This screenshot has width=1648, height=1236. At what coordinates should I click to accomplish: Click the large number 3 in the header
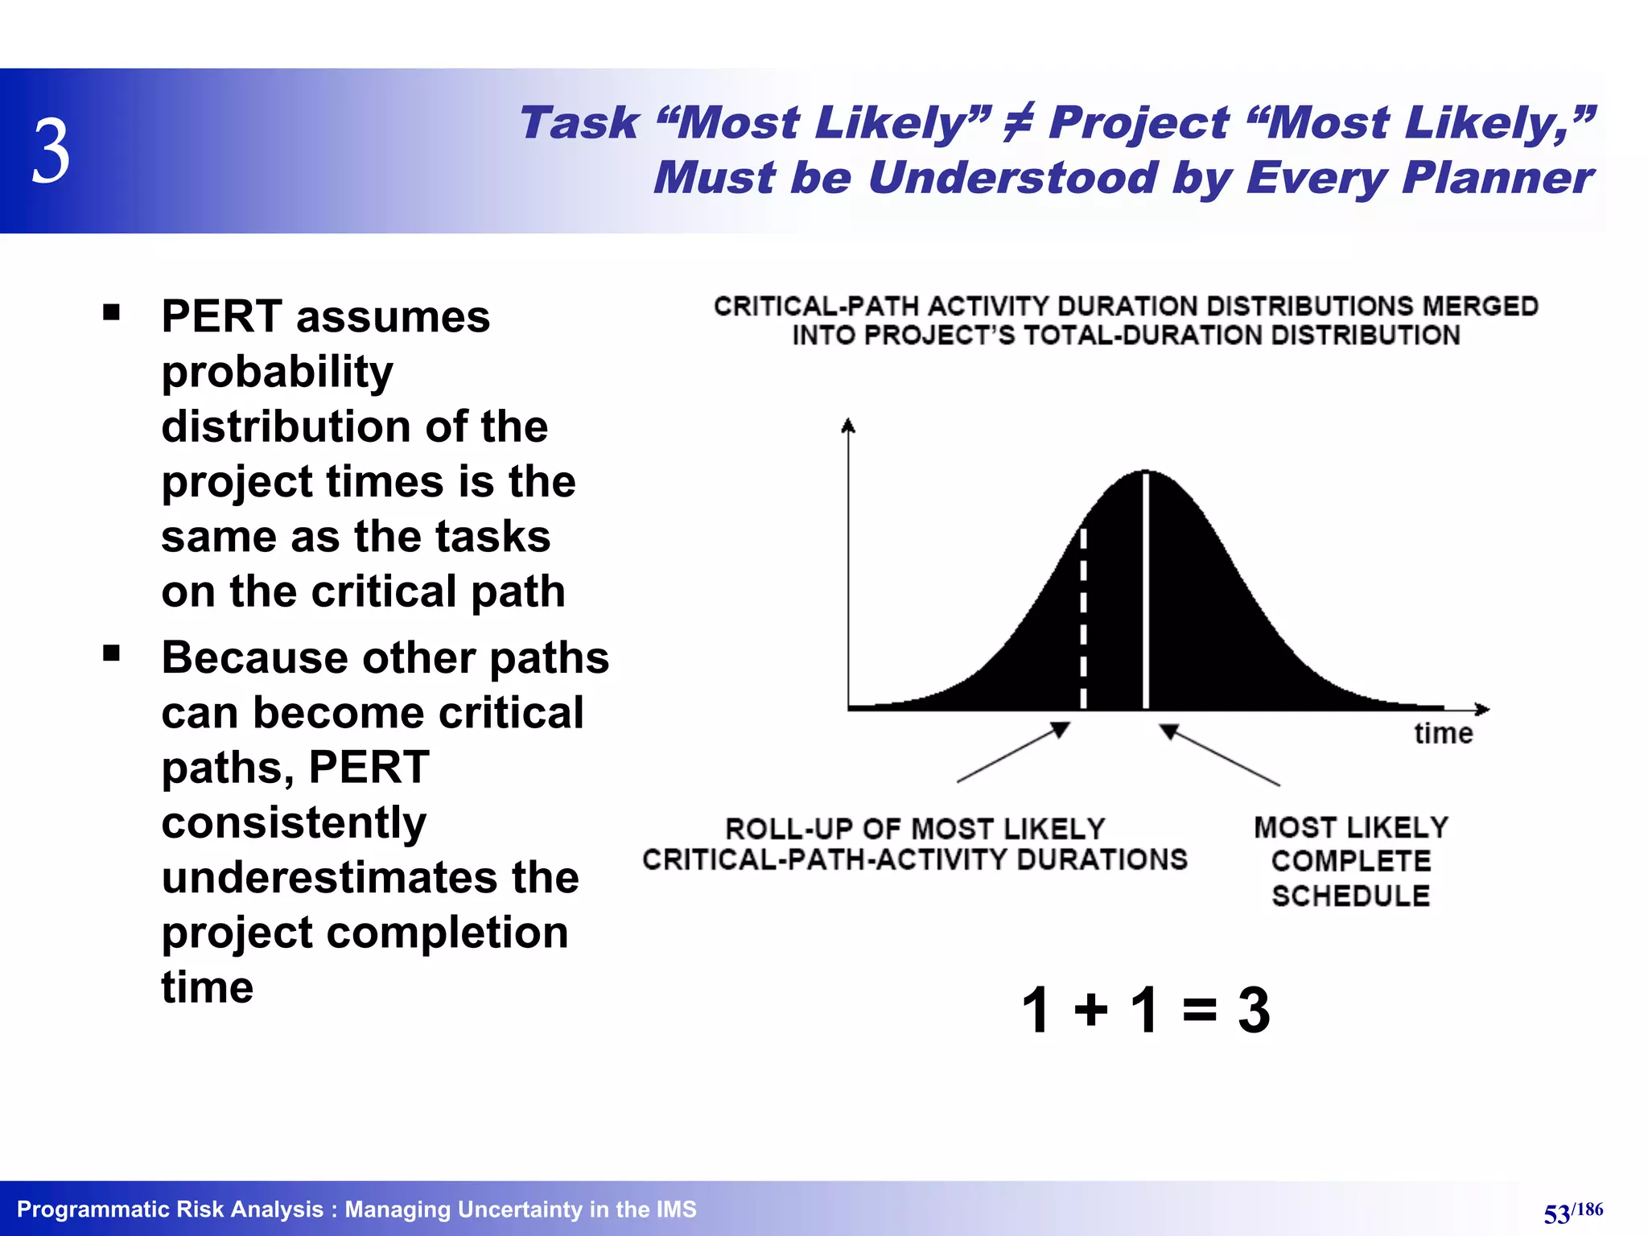coord(51,151)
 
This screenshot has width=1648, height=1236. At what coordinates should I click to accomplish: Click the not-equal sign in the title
coord(1018,124)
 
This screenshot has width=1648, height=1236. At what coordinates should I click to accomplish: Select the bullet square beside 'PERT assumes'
coord(112,312)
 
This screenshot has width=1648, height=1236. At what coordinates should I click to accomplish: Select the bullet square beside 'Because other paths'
coord(112,653)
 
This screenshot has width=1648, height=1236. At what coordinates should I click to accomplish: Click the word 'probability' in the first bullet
coord(277,373)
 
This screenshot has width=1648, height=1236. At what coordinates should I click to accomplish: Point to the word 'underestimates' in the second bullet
coord(369,878)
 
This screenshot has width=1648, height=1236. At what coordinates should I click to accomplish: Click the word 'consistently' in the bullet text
coord(294,823)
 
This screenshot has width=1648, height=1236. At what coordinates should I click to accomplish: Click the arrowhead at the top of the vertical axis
coord(847,426)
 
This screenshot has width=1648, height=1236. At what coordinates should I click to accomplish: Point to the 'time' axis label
coord(1443,734)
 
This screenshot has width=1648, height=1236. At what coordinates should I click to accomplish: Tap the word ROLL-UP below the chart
coord(786,830)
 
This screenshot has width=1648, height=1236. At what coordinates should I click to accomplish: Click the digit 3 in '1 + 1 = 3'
coord(1253,1010)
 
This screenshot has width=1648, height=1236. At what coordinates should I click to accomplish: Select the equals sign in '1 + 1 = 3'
coord(1199,1010)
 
